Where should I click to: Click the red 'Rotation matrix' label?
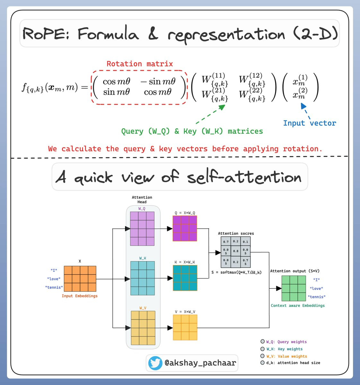[140, 64]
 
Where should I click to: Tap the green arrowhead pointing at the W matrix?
[222, 107]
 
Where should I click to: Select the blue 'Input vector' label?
[310, 123]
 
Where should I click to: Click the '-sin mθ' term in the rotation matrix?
[158, 81]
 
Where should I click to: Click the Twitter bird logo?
[155, 363]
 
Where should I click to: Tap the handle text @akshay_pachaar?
[200, 363]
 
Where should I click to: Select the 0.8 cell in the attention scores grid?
[236, 251]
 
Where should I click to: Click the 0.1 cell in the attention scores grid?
[245, 242]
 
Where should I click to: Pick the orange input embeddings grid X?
[80, 278]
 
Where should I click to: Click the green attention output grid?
[294, 288]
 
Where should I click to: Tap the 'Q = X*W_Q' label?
[185, 213]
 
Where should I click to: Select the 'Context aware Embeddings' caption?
[298, 305]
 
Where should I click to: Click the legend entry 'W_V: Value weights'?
[286, 356]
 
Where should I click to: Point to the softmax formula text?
[236, 272]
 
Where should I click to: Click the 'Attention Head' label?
[142, 200]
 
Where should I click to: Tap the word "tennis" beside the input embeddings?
[54, 287]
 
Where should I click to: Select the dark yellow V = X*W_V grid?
[185, 328]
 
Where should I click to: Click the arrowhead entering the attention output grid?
[279, 288]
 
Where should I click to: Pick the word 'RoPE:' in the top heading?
[46, 34]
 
